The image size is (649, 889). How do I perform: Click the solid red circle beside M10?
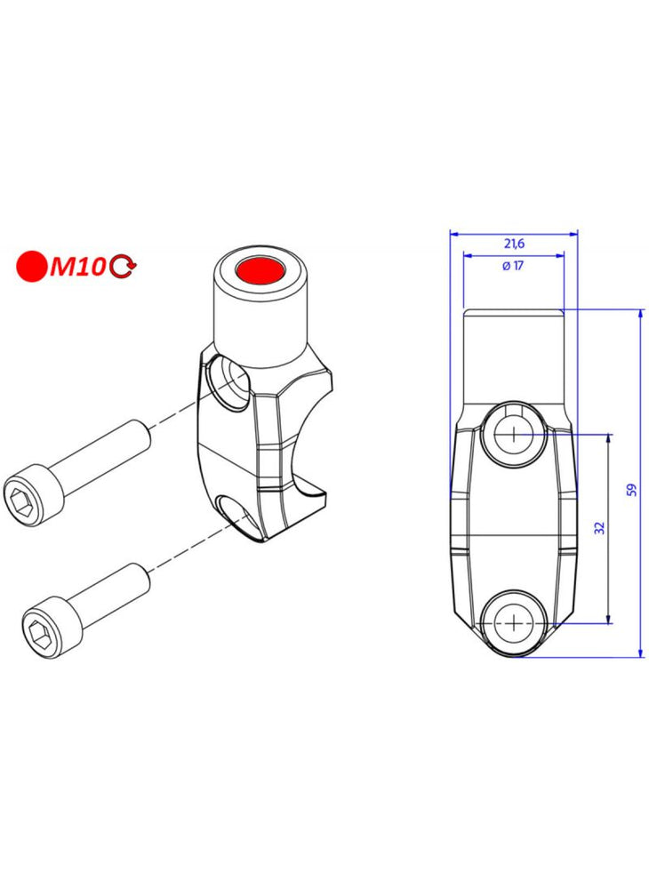pos(32,266)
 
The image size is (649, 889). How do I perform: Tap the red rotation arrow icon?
pos(123,267)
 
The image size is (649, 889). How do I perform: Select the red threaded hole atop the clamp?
pos(260,268)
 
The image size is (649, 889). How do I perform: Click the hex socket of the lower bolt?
pos(39,633)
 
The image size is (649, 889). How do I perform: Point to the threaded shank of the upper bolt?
pos(103,453)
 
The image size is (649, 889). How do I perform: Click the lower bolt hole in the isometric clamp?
pos(236,513)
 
